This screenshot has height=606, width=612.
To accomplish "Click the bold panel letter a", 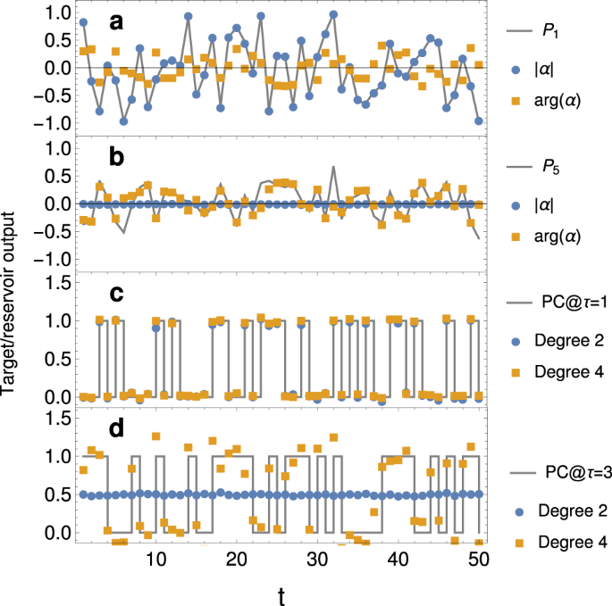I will coord(115,21).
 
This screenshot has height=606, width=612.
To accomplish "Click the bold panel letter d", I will coord(116,429).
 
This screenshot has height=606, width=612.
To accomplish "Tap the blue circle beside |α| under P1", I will coord(513,68).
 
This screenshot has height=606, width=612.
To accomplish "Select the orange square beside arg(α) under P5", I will coord(513,237).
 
